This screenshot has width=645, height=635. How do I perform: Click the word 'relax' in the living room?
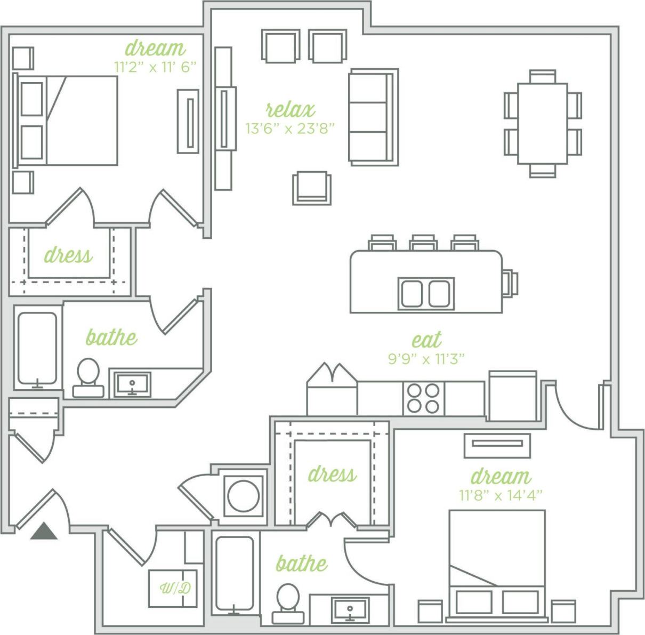291,110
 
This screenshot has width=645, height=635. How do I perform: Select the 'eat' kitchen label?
426,340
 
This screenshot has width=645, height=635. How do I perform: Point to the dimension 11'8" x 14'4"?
501,495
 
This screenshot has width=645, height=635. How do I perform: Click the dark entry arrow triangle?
44,532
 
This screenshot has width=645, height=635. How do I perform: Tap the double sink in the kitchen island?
426,294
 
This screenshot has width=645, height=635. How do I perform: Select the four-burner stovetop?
423,399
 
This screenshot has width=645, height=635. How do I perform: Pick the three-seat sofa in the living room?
373,116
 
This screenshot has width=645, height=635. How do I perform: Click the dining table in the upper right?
543,123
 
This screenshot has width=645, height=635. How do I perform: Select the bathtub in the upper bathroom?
37,348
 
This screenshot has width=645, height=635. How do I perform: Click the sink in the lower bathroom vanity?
350,609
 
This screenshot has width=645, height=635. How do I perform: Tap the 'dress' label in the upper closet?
68,255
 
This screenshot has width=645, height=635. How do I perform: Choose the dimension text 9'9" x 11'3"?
426,359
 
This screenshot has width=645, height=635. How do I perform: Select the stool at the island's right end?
510,283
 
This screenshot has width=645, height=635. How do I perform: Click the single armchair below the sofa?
312,188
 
